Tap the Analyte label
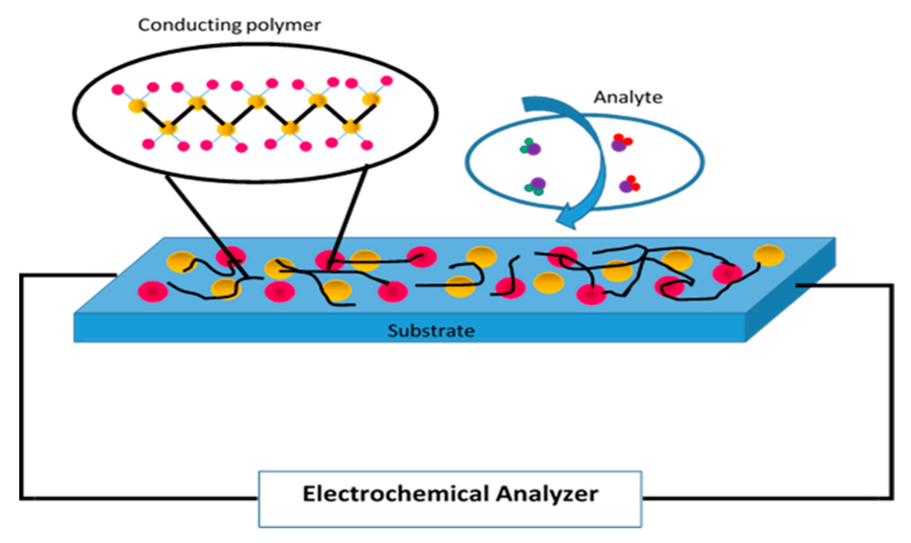(x=628, y=98)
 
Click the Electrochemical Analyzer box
(x=450, y=499)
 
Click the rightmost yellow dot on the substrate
(x=768, y=255)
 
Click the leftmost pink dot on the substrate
(x=153, y=291)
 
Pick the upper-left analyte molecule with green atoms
(x=531, y=147)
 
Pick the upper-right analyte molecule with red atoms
(x=621, y=143)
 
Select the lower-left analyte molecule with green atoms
(x=535, y=186)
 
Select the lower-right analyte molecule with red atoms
(x=629, y=184)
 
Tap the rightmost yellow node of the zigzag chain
(x=371, y=99)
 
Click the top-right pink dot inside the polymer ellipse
(x=386, y=81)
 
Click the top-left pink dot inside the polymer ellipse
(x=118, y=90)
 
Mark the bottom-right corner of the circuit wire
(x=892, y=498)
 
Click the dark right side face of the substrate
(x=791, y=292)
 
